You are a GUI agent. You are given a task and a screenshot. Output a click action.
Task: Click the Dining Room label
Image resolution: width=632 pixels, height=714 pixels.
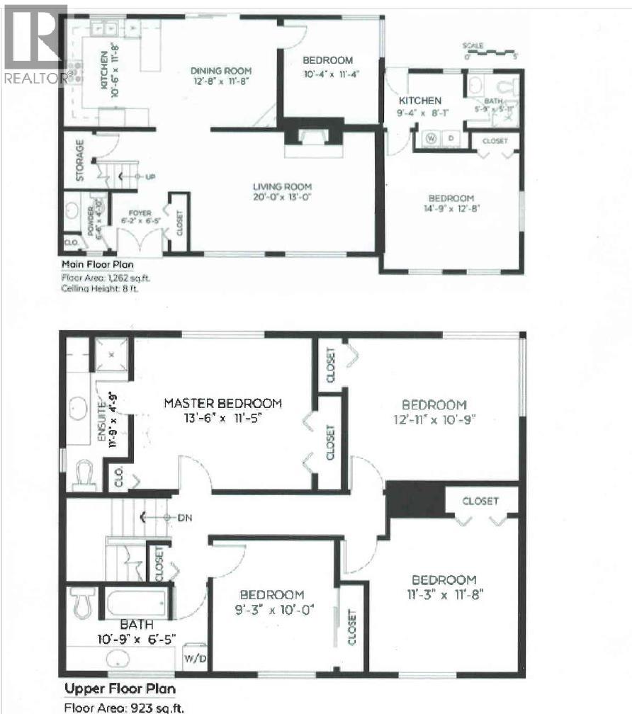point(221,71)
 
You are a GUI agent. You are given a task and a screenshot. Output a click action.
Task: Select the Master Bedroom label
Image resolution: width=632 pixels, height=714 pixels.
point(222,403)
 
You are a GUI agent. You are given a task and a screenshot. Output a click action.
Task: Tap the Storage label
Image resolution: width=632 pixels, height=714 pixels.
point(79,160)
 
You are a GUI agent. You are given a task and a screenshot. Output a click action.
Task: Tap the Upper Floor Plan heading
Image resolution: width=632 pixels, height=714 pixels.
point(120,688)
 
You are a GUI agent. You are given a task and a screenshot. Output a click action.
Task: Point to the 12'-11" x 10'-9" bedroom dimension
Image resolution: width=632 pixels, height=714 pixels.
point(434,419)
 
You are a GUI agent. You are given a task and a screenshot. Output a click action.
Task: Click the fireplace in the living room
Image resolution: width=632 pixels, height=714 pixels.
point(312,137)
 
